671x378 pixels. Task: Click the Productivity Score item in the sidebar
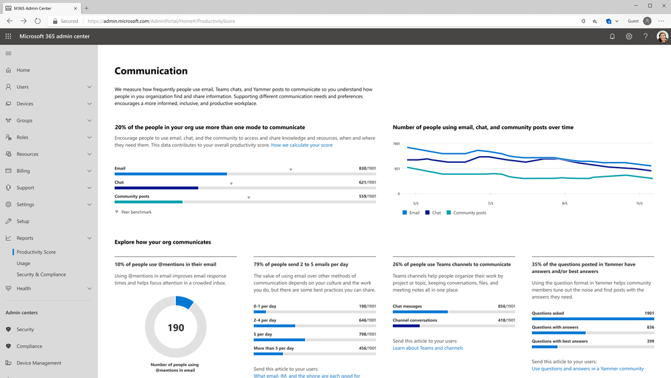(36, 252)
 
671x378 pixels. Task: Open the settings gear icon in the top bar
(629, 36)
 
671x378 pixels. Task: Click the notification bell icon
(612, 36)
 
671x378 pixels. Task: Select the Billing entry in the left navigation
(24, 171)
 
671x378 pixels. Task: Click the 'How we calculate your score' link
(302, 145)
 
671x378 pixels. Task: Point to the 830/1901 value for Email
(367, 168)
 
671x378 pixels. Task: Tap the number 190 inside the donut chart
(176, 328)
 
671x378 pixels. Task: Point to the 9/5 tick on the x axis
(564, 203)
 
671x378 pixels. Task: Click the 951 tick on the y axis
(396, 169)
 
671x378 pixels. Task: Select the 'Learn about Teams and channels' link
(428, 348)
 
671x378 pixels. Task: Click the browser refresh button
(38, 21)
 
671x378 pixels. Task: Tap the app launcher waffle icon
(8, 36)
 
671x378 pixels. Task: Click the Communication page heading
(151, 71)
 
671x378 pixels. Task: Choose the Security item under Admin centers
(26, 330)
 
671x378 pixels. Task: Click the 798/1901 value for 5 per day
(367, 334)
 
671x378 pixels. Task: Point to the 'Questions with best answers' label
(560, 341)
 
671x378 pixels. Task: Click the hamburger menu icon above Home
(8, 53)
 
